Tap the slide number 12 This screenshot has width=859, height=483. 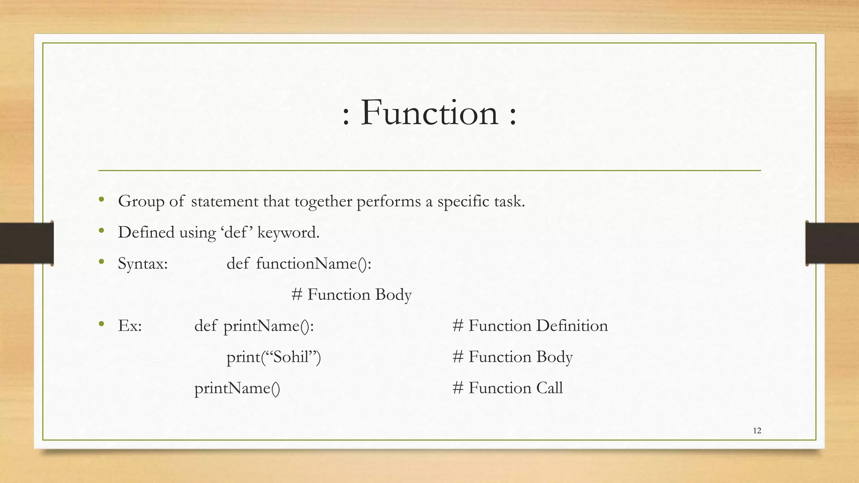coord(757,431)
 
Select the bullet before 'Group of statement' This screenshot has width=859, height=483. coord(101,200)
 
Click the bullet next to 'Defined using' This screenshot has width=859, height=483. coord(101,231)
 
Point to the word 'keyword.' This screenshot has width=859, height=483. coord(288,233)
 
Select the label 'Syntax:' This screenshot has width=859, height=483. coord(143,264)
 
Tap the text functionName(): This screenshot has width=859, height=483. coord(313,264)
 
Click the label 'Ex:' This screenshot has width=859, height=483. coord(130,326)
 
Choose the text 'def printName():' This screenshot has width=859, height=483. coord(254,326)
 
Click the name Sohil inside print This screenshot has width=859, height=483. coord(291,357)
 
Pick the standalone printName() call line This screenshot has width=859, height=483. coord(237,388)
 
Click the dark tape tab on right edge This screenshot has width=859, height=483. coord(832,243)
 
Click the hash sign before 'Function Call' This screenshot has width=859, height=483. coord(458,388)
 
